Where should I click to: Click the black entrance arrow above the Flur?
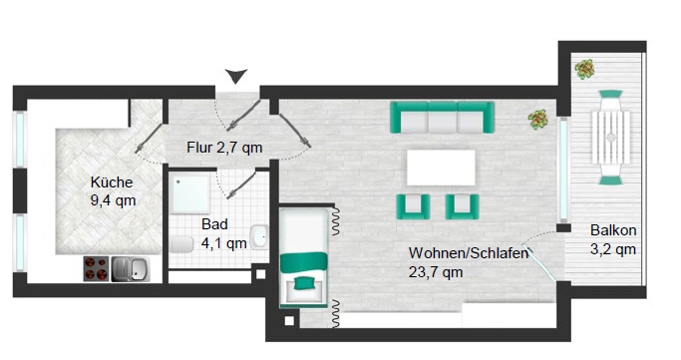[x=235, y=76]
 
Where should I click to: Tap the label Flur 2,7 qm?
[x=224, y=148]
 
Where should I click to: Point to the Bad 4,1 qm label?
[x=223, y=232]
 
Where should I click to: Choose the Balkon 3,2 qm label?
[x=612, y=239]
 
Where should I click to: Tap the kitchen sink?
[x=132, y=269]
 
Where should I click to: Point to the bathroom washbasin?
[x=259, y=236]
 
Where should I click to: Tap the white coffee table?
[x=442, y=166]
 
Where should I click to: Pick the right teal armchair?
[x=461, y=205]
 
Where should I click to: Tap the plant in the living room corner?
[x=538, y=120]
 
